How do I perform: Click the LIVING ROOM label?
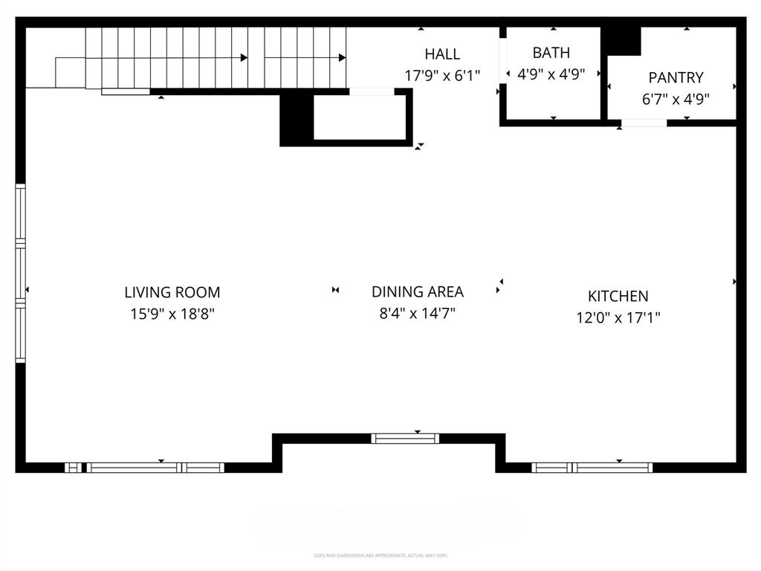click(x=172, y=292)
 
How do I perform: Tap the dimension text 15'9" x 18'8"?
click(x=172, y=314)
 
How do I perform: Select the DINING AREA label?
click(x=417, y=291)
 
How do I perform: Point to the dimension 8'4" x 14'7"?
click(x=417, y=313)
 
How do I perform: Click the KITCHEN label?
click(x=618, y=296)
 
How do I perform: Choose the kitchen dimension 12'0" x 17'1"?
click(x=618, y=317)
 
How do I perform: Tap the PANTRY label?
click(x=676, y=77)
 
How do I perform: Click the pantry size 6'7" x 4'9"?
click(x=676, y=99)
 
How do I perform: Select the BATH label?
click(x=551, y=53)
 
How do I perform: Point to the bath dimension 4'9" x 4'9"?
click(x=551, y=74)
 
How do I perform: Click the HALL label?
click(x=442, y=54)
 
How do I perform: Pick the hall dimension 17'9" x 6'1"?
click(x=442, y=75)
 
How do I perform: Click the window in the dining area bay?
click(x=405, y=438)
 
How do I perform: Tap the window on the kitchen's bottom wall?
click(x=592, y=468)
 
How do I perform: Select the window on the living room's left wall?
click(x=21, y=273)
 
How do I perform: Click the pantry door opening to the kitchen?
click(x=644, y=123)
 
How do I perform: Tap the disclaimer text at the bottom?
click(x=380, y=555)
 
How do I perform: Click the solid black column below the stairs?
click(x=296, y=119)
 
